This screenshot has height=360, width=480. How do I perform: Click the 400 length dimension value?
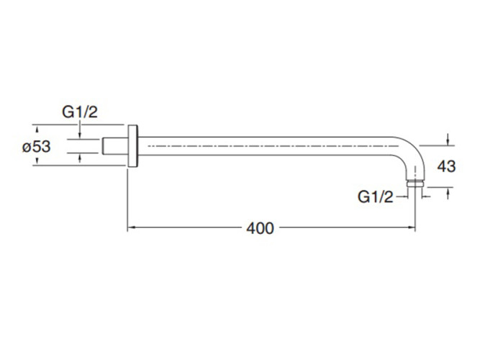(x=260, y=228)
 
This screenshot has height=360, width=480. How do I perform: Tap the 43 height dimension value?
(x=447, y=166)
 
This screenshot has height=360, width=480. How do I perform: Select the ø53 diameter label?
(x=36, y=146)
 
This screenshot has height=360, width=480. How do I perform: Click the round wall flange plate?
(x=133, y=146)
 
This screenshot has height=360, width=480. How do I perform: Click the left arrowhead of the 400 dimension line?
(x=132, y=228)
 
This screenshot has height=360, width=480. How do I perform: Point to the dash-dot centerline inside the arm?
(x=273, y=146)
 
